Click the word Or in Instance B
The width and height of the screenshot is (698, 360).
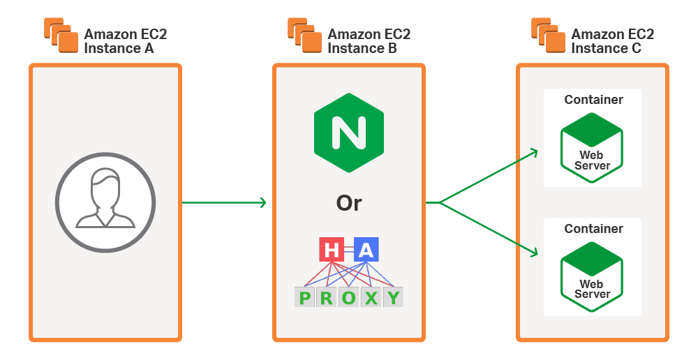coord(348,203)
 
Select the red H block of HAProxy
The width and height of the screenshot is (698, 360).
coord(332,250)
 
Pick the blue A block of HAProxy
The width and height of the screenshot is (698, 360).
coord(366,250)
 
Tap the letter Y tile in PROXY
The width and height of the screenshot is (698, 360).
coord(394,298)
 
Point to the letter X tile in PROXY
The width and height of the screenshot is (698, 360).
coord(371,298)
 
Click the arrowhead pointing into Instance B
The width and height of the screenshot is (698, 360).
coord(262,203)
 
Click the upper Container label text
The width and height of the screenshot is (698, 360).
coord(593,100)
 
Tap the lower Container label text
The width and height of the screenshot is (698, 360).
coord(593,229)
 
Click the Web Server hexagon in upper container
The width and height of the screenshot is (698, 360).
coord(592,147)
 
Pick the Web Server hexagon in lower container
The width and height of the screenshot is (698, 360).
coord(592,276)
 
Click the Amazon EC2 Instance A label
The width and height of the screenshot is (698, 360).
coord(125,41)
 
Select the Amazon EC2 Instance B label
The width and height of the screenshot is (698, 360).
coord(369,41)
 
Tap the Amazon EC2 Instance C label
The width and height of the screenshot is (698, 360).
coord(612,41)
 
